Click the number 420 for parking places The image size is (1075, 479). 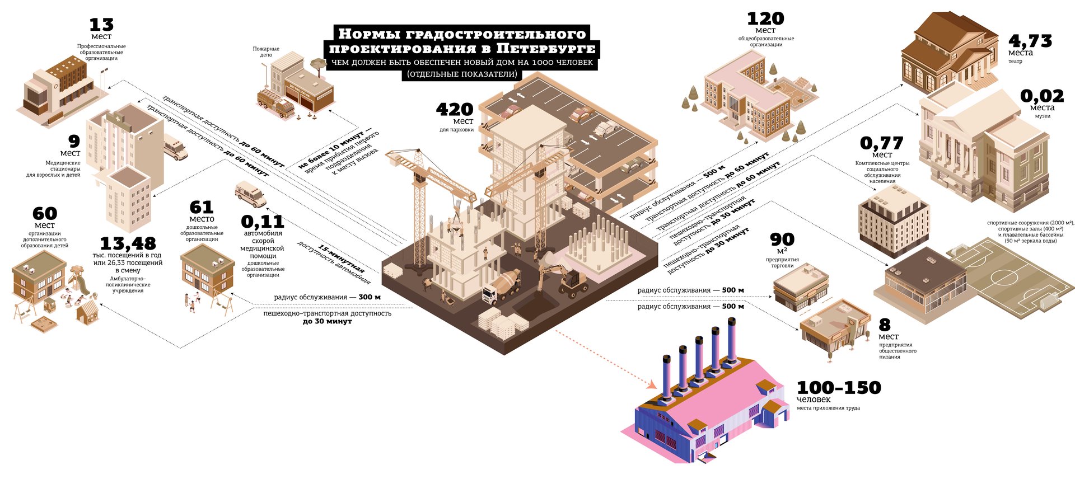455,109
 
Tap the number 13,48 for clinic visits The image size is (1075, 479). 128,243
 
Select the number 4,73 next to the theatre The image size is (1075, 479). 1030,41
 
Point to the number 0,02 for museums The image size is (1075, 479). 1042,96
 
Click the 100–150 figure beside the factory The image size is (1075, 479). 839,387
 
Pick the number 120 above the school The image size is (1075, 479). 765,18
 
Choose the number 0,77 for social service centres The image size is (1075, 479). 882,143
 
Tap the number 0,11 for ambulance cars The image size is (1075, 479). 263,222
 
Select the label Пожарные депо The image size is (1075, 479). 266,51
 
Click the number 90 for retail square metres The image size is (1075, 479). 782,239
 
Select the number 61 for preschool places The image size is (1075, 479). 202,208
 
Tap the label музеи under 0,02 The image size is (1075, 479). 1043,116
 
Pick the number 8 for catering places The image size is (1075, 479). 885,325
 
